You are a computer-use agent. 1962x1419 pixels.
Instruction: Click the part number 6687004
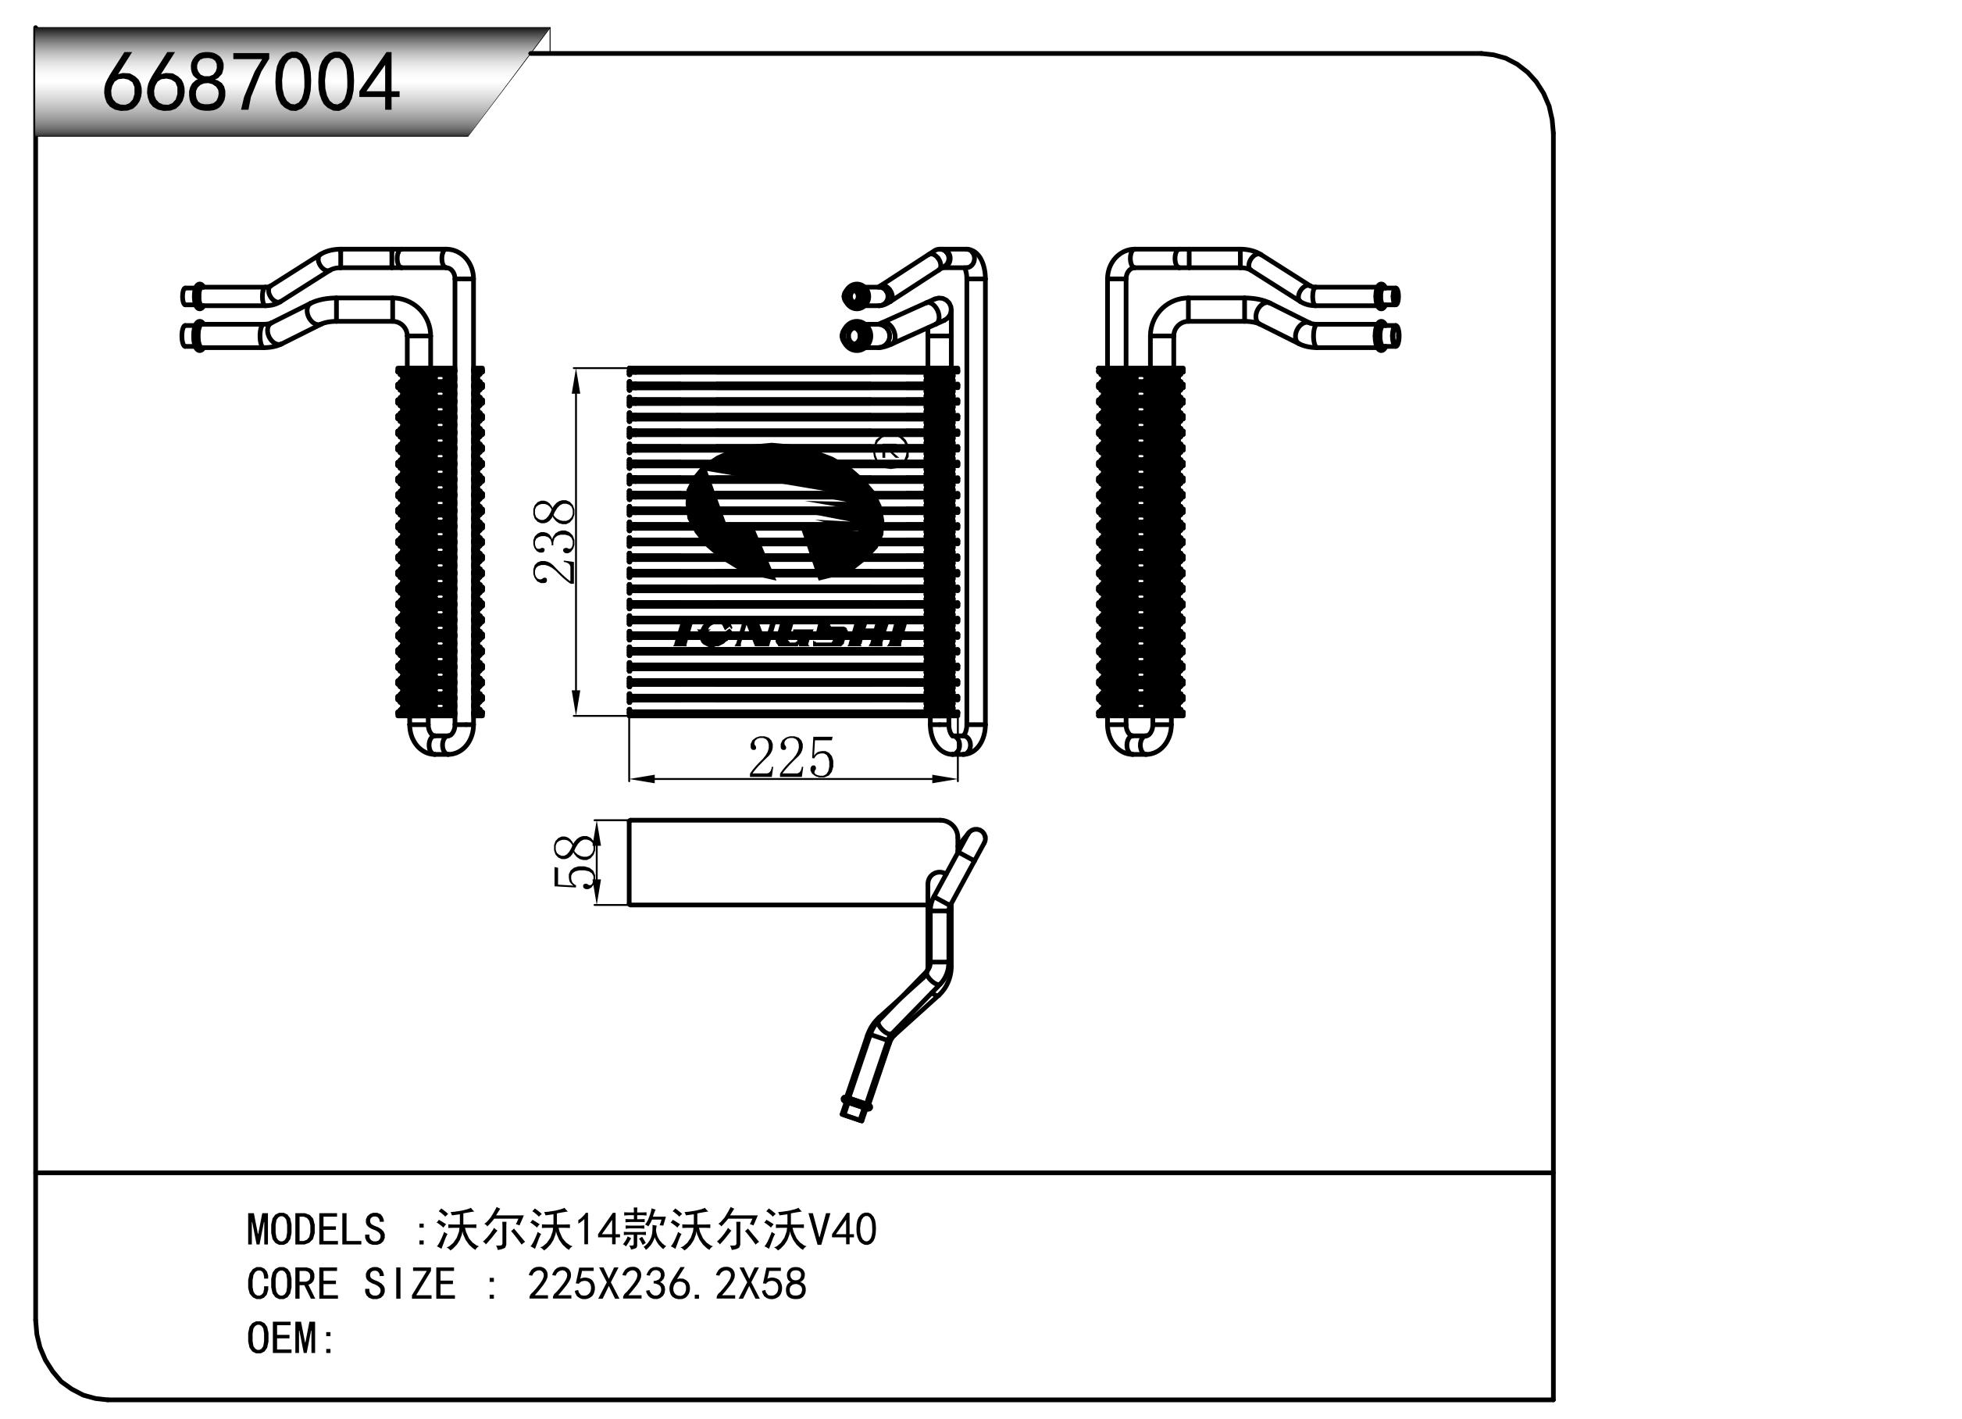[x=250, y=83]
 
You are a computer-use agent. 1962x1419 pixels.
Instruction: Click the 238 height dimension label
[x=555, y=542]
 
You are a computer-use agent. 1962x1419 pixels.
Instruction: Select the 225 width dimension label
[x=790, y=758]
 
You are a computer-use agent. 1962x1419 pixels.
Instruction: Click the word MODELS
[x=316, y=1229]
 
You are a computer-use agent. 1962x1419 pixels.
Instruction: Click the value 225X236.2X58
[x=667, y=1284]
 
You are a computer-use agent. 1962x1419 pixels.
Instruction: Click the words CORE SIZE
[x=351, y=1284]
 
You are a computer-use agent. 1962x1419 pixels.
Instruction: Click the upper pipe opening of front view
[x=855, y=296]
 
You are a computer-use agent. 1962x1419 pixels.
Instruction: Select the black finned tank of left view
[x=440, y=542]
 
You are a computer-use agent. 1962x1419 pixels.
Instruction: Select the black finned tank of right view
[x=1140, y=542]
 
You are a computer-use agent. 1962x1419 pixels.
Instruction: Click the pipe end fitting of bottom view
[x=853, y=1110]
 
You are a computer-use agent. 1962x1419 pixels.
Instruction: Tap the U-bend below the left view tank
[x=441, y=737]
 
